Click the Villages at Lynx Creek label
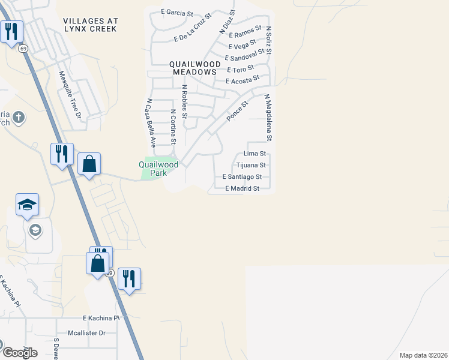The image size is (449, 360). [91, 25]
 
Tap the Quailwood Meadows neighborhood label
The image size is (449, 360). [192, 67]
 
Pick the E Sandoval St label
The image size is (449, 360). [244, 56]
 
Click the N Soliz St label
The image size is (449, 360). [268, 40]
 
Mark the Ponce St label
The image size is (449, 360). [237, 112]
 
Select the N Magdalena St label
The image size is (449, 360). [268, 117]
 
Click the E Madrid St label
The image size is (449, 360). [242, 188]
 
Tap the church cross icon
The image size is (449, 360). [19, 117]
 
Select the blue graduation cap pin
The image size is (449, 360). [27, 205]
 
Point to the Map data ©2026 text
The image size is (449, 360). [423, 355]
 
